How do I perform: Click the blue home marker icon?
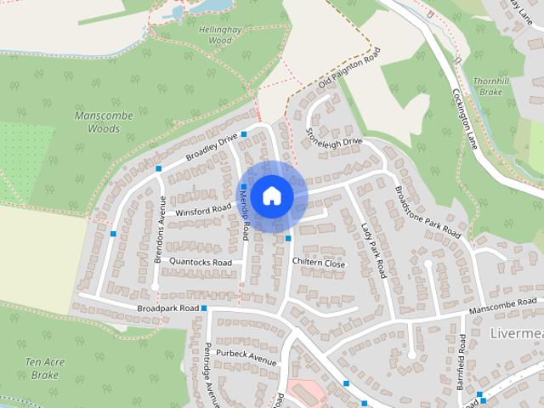(271, 195)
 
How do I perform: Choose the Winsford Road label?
(203, 208)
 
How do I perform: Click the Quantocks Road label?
(201, 263)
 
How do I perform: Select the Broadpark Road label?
(167, 307)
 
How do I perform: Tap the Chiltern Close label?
(319, 263)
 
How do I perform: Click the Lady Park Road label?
(373, 251)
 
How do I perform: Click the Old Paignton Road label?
(348, 69)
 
